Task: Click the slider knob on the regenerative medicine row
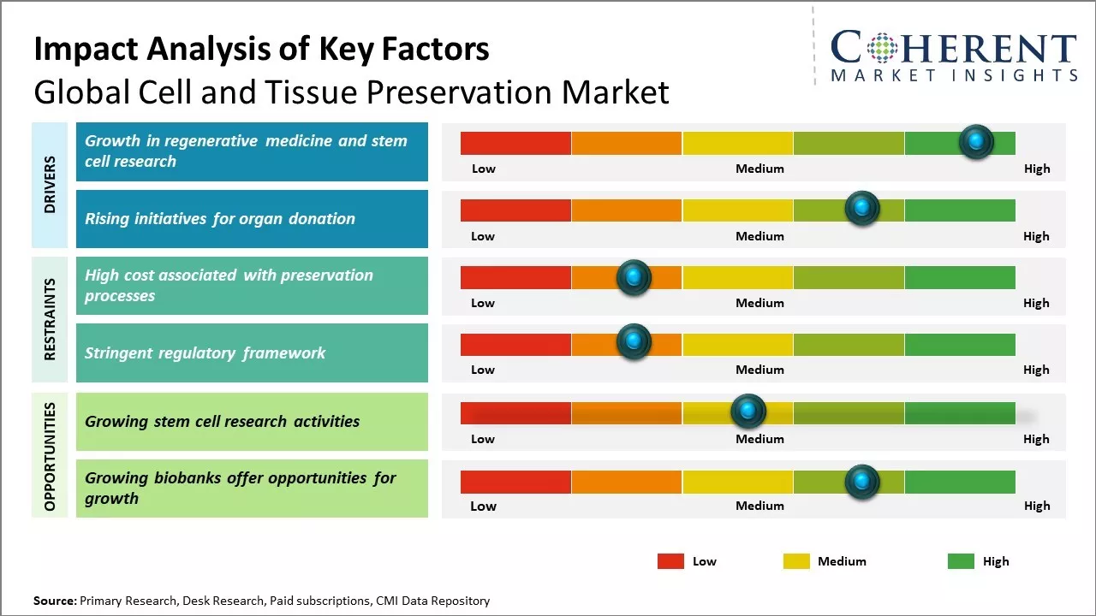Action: point(976,141)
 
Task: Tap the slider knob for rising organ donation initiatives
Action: point(862,208)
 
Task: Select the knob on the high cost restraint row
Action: point(634,277)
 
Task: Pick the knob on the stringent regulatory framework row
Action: point(634,341)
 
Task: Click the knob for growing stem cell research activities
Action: point(748,412)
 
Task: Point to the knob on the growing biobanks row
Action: point(862,482)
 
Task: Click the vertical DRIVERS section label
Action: point(50,184)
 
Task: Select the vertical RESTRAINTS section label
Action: point(50,319)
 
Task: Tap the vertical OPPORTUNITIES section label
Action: point(50,456)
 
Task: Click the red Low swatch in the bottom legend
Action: point(670,561)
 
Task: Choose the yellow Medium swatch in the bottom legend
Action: point(796,561)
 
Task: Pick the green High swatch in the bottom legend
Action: point(961,561)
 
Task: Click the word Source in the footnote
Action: point(54,601)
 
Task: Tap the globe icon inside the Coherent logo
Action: point(881,48)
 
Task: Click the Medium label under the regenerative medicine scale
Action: point(759,169)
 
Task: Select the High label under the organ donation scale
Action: point(1036,236)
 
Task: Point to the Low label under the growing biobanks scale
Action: point(483,506)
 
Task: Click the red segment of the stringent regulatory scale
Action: point(515,345)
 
